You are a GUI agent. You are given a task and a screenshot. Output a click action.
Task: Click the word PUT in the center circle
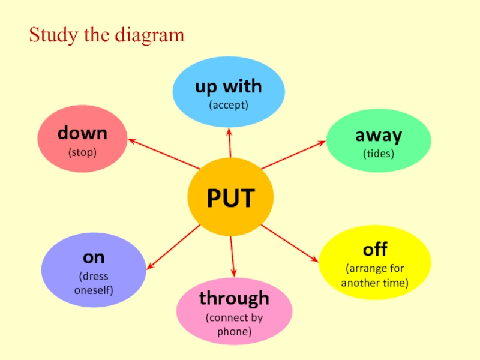point(230,199)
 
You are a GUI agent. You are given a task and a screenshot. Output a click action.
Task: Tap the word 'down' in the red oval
point(82,133)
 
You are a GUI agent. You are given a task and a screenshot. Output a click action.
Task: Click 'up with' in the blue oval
point(229,87)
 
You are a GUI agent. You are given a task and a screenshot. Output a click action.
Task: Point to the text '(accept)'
point(229,106)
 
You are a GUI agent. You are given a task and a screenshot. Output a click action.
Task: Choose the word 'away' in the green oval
point(378,136)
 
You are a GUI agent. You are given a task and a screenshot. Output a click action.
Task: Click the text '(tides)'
point(378,154)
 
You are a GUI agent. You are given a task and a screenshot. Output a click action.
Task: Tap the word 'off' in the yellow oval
point(374,249)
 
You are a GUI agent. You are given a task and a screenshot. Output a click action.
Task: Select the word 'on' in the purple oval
point(94,257)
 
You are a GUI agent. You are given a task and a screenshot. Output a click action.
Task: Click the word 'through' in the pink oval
point(234,298)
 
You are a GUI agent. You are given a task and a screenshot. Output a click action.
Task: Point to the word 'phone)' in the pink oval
point(234,331)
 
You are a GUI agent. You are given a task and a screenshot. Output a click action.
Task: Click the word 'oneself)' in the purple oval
point(94,290)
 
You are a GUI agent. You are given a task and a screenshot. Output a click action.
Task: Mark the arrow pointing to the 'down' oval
point(163,154)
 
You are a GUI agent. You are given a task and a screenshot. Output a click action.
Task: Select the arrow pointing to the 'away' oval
point(293,155)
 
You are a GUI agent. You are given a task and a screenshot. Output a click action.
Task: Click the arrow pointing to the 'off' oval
point(289,243)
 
